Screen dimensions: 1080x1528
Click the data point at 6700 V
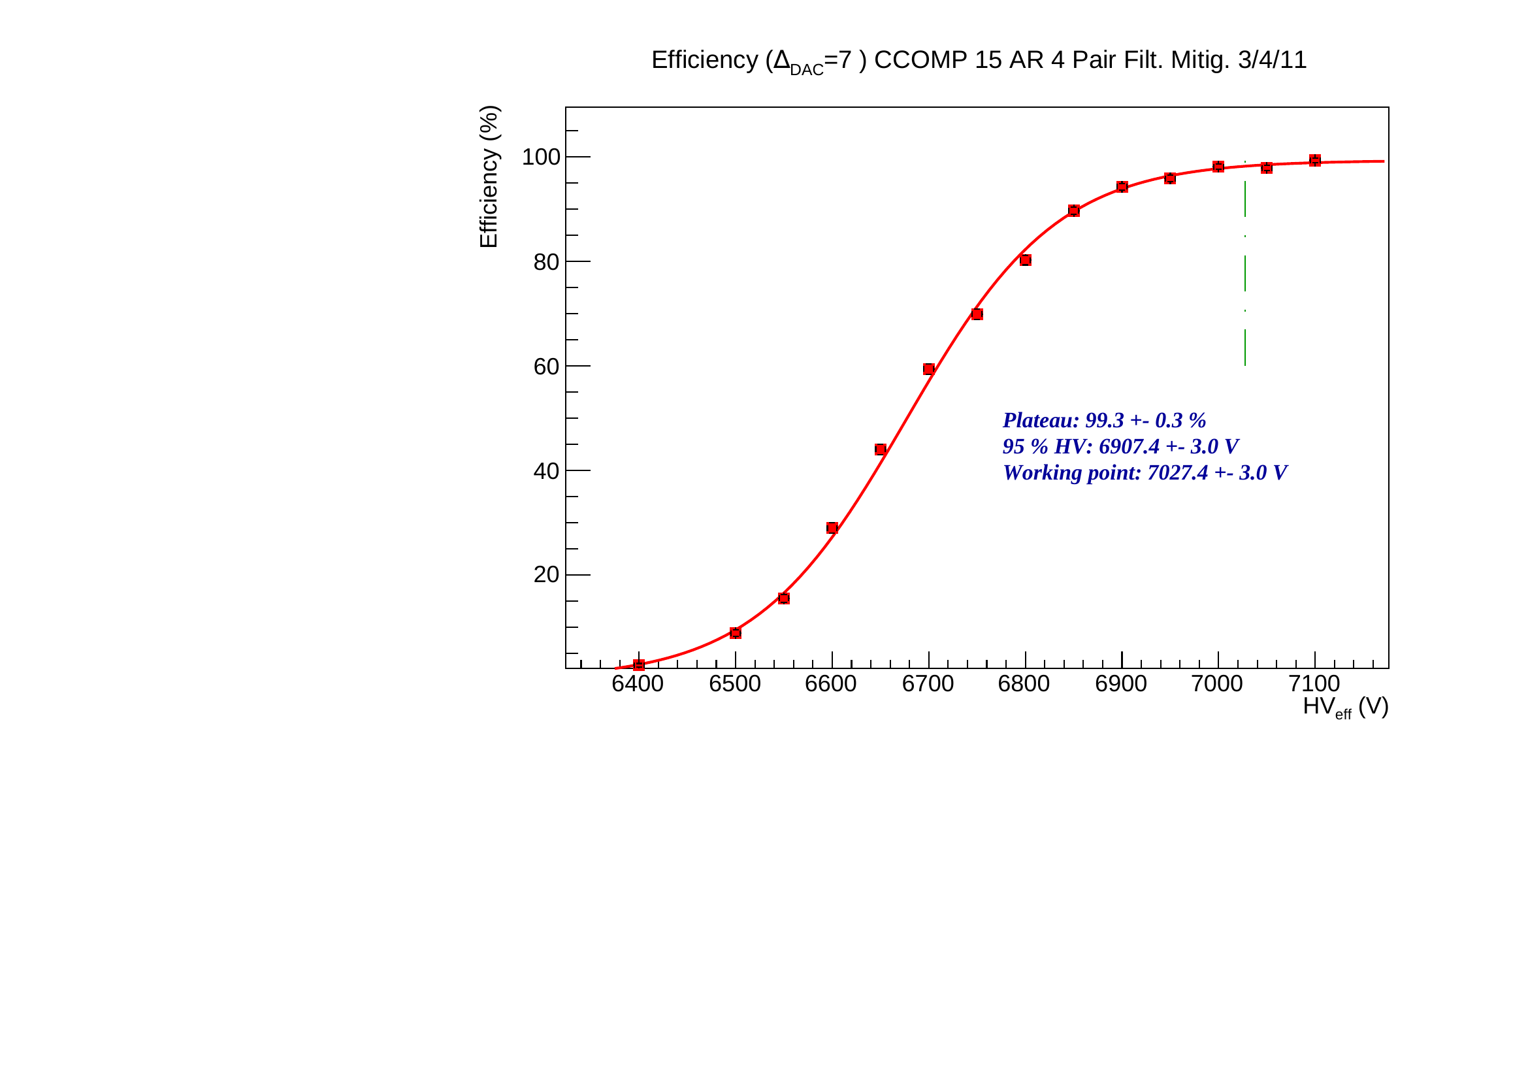(x=928, y=369)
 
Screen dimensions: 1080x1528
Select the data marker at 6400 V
(x=639, y=664)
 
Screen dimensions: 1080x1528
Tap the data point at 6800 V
(x=1026, y=260)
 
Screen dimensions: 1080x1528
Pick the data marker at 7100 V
(x=1315, y=160)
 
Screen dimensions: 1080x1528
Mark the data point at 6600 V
(x=832, y=528)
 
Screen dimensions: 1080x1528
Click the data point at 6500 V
(x=736, y=633)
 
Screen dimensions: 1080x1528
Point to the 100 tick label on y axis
(x=541, y=157)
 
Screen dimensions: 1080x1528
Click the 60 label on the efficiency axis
(x=546, y=367)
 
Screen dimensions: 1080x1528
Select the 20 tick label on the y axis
(x=546, y=575)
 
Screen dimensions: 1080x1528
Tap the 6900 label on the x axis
(x=1121, y=684)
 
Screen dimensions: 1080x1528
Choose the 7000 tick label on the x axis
(x=1217, y=684)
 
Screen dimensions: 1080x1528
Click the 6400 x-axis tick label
(x=638, y=684)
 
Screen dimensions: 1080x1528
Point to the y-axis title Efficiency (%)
(x=489, y=176)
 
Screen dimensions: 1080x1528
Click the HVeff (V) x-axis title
(x=1345, y=707)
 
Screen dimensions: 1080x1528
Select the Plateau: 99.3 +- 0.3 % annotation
(x=1104, y=421)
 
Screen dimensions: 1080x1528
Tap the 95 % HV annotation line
(x=1120, y=446)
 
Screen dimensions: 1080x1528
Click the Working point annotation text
(x=1145, y=472)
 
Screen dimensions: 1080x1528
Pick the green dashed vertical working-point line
(x=1245, y=273)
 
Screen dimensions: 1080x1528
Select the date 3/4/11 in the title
(x=1272, y=60)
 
